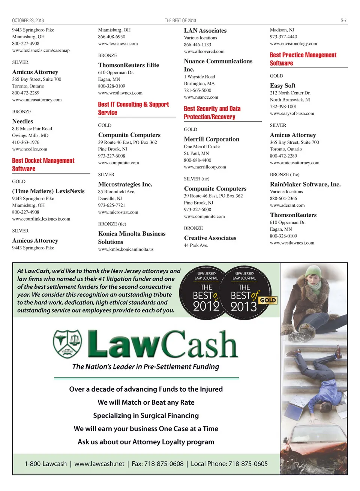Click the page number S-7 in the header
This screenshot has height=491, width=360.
point(343,21)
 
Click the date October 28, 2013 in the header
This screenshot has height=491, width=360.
point(28,21)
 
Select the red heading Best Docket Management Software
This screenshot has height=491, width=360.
point(43,165)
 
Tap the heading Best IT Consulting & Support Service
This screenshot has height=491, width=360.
point(133,108)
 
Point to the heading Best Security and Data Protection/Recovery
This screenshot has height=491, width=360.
point(212,113)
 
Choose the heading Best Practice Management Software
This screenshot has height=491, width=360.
point(303,59)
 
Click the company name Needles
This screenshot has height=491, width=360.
point(22,121)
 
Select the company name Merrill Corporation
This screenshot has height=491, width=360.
point(211,139)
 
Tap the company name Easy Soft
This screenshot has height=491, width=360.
point(282,86)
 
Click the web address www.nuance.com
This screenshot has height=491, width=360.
point(201,97)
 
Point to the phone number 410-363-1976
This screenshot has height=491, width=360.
point(25,142)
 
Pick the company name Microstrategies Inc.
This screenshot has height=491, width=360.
point(125,184)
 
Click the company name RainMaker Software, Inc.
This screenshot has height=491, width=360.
point(305,184)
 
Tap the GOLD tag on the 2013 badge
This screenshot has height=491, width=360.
point(268,300)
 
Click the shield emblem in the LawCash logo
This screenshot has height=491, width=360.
point(67,343)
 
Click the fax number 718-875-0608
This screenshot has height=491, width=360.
point(164,464)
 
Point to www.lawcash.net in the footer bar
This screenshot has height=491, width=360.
point(99,464)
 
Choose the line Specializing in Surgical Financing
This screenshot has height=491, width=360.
point(146,416)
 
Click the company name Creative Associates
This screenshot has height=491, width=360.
point(210,238)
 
